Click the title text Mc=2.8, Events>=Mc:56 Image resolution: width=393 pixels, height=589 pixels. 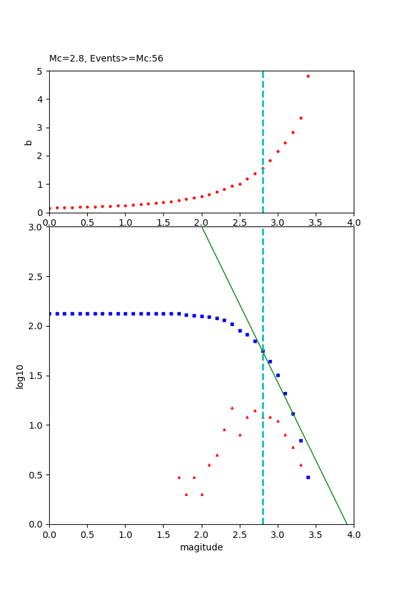coord(106,59)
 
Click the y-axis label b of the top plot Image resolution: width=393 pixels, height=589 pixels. coord(28,142)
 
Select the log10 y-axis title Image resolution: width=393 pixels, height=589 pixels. coord(20,376)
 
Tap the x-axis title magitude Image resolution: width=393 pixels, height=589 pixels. coord(201,548)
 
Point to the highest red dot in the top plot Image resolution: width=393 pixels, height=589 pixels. coord(308,76)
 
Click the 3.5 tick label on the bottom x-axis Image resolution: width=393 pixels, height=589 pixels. coord(316,534)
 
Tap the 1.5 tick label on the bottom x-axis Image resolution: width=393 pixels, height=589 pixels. coord(163,534)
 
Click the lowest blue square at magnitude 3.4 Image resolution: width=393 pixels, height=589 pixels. coord(308,477)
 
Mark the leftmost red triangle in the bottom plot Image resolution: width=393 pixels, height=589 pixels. coord(179,477)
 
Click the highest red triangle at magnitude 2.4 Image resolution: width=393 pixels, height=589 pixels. coord(232,408)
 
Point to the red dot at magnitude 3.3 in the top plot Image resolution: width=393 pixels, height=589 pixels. coord(301,118)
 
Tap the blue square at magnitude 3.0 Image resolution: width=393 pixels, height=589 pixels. coord(278,375)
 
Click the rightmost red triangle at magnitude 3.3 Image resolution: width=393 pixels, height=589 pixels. coord(301,465)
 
